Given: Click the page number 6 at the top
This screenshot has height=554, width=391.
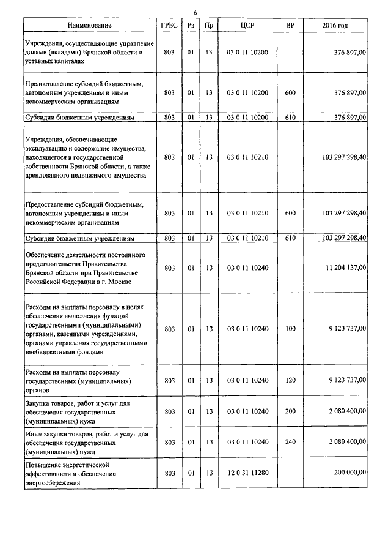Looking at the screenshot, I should click(195, 13).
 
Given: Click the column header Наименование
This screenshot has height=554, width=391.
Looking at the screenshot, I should click(90, 25).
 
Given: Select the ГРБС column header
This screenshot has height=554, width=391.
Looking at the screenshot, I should click(169, 25).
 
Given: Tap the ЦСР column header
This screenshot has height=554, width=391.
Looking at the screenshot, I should click(247, 25).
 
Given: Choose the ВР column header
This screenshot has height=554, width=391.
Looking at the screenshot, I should click(290, 25).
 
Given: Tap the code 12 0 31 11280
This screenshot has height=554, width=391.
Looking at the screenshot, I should click(247, 473).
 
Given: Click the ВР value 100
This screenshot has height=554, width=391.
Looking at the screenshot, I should click(290, 329).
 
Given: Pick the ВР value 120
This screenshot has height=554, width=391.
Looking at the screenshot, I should click(290, 380).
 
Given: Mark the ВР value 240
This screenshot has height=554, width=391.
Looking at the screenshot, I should click(290, 441).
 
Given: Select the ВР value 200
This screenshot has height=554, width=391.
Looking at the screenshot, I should click(290, 411).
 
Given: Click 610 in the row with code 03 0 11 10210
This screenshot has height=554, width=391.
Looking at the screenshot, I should click(290, 238).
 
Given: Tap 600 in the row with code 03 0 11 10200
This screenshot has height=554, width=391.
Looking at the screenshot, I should click(290, 93).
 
